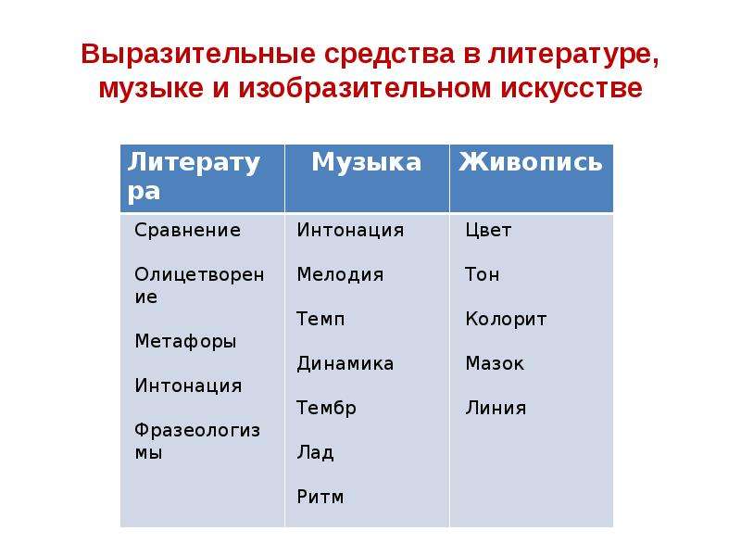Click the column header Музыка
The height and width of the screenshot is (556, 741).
(x=366, y=162)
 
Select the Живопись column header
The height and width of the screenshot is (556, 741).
(x=531, y=161)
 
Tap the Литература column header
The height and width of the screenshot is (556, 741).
(x=194, y=177)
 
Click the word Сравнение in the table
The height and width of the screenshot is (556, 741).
(x=188, y=230)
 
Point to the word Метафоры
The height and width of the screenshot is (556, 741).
(x=185, y=341)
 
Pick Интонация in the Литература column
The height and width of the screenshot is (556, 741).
(x=188, y=385)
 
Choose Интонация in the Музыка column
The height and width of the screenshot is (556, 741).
(x=351, y=230)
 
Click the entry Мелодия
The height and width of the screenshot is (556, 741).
(x=340, y=274)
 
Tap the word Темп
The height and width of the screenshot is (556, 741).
(x=320, y=319)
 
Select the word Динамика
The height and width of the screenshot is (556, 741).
(x=345, y=363)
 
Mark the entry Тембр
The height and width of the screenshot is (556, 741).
(x=326, y=408)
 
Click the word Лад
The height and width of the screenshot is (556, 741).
(x=315, y=452)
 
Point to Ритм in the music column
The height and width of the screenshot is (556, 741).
(x=320, y=497)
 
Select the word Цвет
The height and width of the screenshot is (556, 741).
(x=488, y=230)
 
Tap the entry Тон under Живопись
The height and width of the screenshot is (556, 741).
(x=482, y=274)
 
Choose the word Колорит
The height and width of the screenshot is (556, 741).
(x=506, y=320)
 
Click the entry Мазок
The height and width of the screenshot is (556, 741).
(x=495, y=363)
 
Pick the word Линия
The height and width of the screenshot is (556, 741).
(x=496, y=408)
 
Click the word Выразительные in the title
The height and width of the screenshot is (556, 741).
(x=198, y=55)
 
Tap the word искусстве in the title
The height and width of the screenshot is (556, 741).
(x=571, y=88)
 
